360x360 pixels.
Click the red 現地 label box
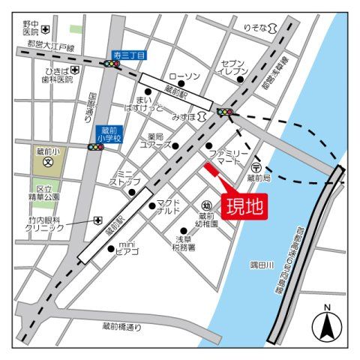coord(244,205)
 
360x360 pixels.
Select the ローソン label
coord(184,77)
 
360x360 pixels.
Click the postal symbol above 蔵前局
coord(256,168)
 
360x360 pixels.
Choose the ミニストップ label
coord(121,177)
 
